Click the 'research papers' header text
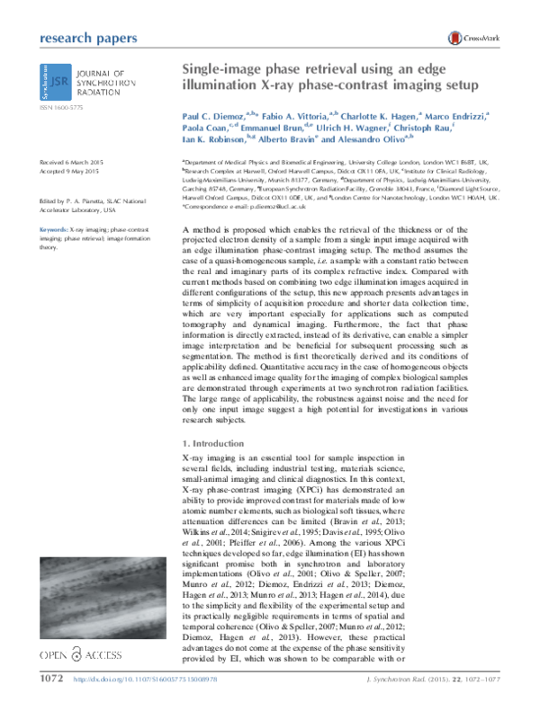pyautogui.click(x=89, y=38)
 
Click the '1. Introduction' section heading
pyautogui.click(x=214, y=445)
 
